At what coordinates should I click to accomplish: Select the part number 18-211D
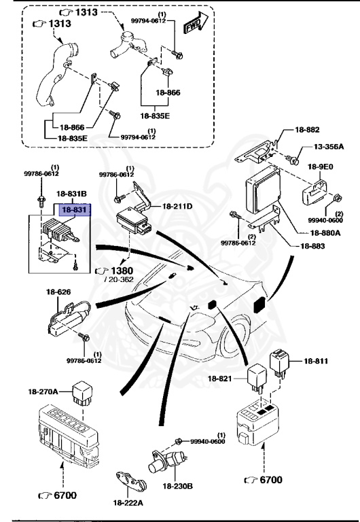tap(177, 205)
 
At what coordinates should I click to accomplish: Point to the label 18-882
tap(307, 129)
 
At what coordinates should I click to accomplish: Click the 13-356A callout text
tap(328, 147)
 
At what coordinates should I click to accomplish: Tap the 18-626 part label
tap(58, 292)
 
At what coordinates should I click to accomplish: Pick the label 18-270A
tap(44, 391)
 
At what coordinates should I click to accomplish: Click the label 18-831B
tap(71, 194)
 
